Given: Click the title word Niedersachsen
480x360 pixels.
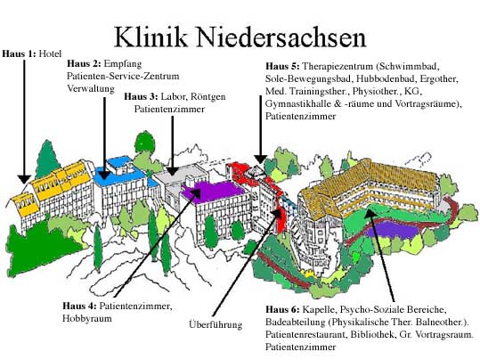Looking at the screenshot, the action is pos(281,37).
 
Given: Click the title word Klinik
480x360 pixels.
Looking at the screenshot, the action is pos(151,37).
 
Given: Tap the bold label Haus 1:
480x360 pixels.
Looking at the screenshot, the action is pos(20,54).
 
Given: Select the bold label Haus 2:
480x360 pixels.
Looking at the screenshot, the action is pos(84,64).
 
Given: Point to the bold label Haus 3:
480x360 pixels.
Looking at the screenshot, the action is pos(141,96).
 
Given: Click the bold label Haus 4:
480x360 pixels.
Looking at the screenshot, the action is pos(79,306).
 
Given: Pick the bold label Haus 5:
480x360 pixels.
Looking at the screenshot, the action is pos(282,66).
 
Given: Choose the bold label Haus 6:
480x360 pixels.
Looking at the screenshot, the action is pos(282,309).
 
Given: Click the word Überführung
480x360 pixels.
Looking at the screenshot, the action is pos(216,324).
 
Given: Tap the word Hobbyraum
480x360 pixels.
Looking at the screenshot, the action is pos(87,319).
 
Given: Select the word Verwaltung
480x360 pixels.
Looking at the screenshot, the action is pos(91,89).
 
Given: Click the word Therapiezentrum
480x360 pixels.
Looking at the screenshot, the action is pos(338,67).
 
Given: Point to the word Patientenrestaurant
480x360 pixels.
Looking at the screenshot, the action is pos(305,334).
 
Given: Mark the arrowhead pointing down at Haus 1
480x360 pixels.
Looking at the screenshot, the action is pos(24,179).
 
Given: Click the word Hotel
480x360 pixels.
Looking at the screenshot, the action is pos(50,54).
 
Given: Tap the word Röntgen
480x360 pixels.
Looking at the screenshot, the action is pos(208,96).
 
